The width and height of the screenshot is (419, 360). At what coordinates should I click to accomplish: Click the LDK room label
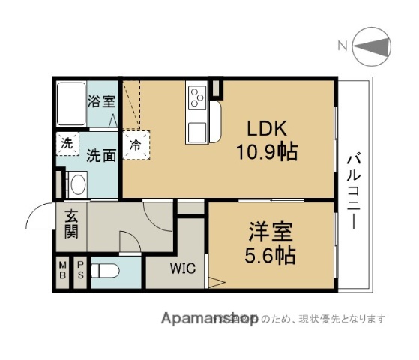click(x=262, y=128)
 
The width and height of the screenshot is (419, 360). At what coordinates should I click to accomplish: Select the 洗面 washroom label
click(x=100, y=155)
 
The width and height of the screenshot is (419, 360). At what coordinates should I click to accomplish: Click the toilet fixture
click(x=107, y=271)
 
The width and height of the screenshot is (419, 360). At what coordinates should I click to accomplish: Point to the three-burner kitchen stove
click(x=198, y=98)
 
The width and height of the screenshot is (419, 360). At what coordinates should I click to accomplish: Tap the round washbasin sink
click(x=76, y=184)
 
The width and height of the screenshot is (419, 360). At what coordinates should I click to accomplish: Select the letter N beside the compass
click(x=342, y=46)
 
